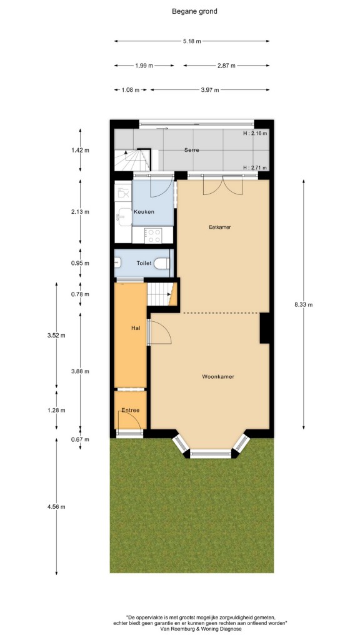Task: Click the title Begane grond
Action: (x=194, y=11)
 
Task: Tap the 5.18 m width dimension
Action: (x=192, y=41)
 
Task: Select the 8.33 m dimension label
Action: (x=304, y=304)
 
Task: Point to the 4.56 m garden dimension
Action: (x=56, y=506)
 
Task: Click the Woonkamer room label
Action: (x=218, y=377)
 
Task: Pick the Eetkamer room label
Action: (x=220, y=227)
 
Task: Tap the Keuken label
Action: (x=144, y=211)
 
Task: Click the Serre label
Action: (x=191, y=150)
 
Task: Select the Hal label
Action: (x=136, y=327)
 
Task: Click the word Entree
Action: (x=131, y=410)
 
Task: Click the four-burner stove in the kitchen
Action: (x=154, y=235)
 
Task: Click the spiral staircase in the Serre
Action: (x=132, y=159)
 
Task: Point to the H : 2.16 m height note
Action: (x=255, y=133)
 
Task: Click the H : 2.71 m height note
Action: (x=255, y=167)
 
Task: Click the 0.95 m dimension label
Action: (x=80, y=263)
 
